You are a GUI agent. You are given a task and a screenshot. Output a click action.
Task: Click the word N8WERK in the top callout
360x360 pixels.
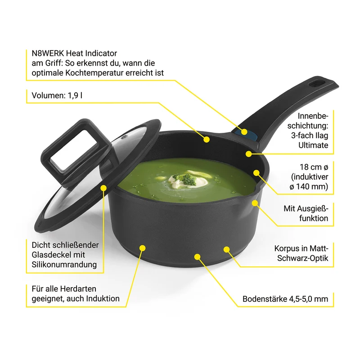[48, 53]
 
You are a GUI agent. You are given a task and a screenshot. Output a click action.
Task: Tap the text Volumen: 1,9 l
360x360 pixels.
[57, 95]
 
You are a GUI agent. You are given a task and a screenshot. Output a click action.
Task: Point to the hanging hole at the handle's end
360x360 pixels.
[317, 84]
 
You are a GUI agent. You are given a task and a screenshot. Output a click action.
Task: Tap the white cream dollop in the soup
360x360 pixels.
[188, 180]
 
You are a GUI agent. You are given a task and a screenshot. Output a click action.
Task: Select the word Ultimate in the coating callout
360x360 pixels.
[313, 145]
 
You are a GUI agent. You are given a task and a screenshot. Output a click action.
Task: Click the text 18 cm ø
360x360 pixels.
[314, 167]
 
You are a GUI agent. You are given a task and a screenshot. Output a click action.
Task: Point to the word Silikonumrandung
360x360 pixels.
[64, 265]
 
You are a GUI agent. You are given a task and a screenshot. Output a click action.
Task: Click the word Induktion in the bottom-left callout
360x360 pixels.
[103, 298]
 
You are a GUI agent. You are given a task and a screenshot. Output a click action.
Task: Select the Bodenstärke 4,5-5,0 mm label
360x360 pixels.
[285, 299]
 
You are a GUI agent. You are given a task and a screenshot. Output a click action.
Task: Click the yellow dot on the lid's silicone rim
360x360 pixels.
[103, 188]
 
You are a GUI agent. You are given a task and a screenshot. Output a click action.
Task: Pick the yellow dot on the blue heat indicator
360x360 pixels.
[244, 132]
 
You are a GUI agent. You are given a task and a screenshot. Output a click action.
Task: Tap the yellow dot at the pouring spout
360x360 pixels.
[255, 203]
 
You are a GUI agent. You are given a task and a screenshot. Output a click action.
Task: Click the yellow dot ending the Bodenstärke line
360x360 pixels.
[197, 256]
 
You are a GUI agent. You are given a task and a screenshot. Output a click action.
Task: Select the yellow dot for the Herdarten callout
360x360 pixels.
[142, 248]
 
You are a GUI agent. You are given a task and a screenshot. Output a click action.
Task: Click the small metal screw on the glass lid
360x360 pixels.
[125, 137]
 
